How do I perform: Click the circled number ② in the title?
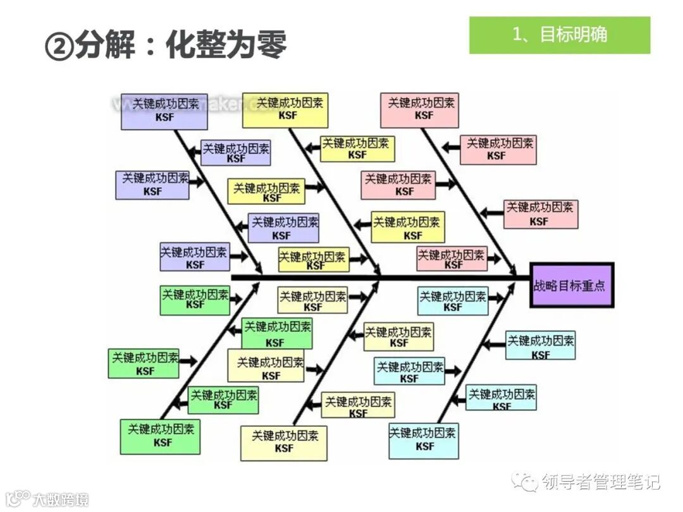(59, 46)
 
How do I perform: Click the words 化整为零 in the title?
(226, 45)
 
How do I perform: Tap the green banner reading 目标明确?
(559, 35)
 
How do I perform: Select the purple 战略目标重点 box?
(572, 285)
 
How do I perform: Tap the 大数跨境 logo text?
(61, 499)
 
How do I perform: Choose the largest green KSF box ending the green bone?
(161, 436)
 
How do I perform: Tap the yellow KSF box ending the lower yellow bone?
(285, 442)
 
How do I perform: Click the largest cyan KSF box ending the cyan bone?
(424, 440)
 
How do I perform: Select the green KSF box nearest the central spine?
(195, 299)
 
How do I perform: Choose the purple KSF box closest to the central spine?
(194, 257)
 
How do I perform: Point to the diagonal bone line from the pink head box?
(468, 196)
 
